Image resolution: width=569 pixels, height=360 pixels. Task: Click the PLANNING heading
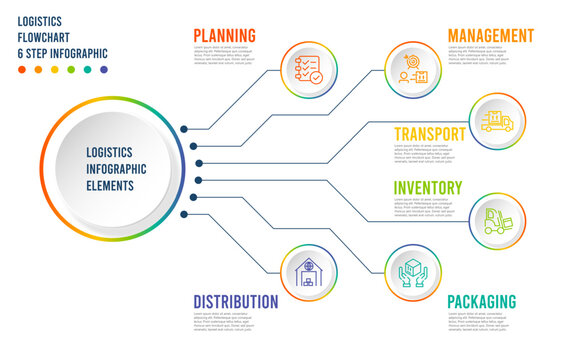click(x=224, y=35)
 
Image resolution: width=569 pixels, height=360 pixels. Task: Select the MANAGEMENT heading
click(x=490, y=35)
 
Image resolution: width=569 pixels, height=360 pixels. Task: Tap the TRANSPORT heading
click(x=429, y=133)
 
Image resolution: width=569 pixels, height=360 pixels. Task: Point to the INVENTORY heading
click(x=428, y=187)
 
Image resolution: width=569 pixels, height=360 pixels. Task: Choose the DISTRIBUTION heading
click(x=235, y=301)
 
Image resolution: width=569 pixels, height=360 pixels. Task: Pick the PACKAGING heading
click(x=481, y=301)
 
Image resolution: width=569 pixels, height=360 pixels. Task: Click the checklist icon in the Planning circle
click(x=308, y=69)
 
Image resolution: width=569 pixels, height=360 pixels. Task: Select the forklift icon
click(x=497, y=220)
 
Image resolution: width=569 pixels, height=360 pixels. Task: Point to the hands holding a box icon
click(x=413, y=273)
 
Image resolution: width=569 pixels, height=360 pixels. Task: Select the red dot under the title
click(x=22, y=70)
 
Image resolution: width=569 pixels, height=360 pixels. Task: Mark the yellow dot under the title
click(x=54, y=70)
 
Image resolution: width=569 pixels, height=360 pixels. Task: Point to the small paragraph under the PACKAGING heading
click(x=478, y=323)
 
